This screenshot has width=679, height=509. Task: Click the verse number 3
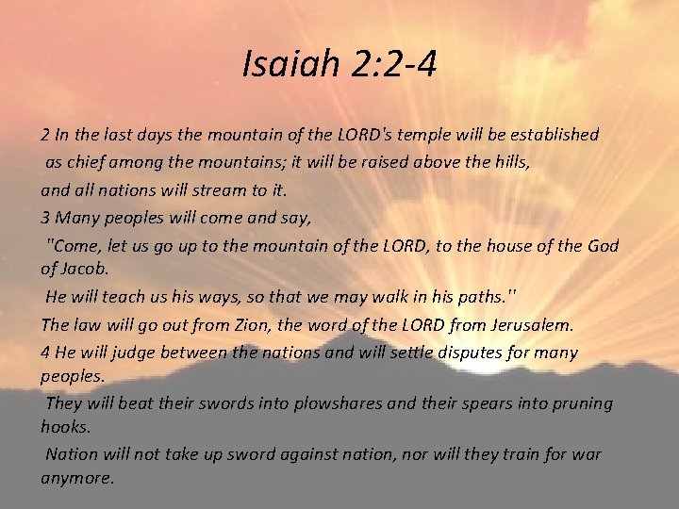tap(45, 218)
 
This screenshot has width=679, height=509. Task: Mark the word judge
tap(131, 353)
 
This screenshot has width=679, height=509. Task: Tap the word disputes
tap(463, 353)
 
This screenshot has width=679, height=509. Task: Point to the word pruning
tap(582, 403)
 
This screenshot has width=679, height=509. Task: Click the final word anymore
tap(78, 477)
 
